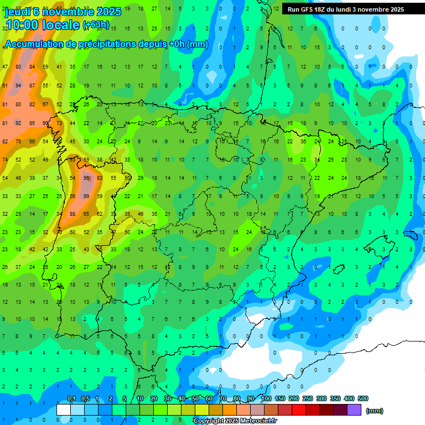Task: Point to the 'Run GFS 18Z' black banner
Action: coord(345,9)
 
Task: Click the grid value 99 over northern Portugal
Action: coord(86,196)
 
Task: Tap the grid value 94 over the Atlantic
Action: coord(18,85)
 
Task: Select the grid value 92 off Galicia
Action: coord(18,122)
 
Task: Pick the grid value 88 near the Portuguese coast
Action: coord(72,214)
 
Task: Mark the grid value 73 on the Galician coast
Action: coord(59,122)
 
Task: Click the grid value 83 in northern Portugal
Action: coord(100,178)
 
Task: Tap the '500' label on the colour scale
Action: coord(362,398)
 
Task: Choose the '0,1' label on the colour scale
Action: coord(71,398)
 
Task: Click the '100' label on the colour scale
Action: coord(266,398)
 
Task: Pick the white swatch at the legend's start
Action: coord(64,410)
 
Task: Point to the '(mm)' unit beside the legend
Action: coord(375,411)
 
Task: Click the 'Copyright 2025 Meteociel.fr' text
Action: coord(235,421)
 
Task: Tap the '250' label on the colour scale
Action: coord(308,398)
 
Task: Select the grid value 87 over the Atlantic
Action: coord(32,85)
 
